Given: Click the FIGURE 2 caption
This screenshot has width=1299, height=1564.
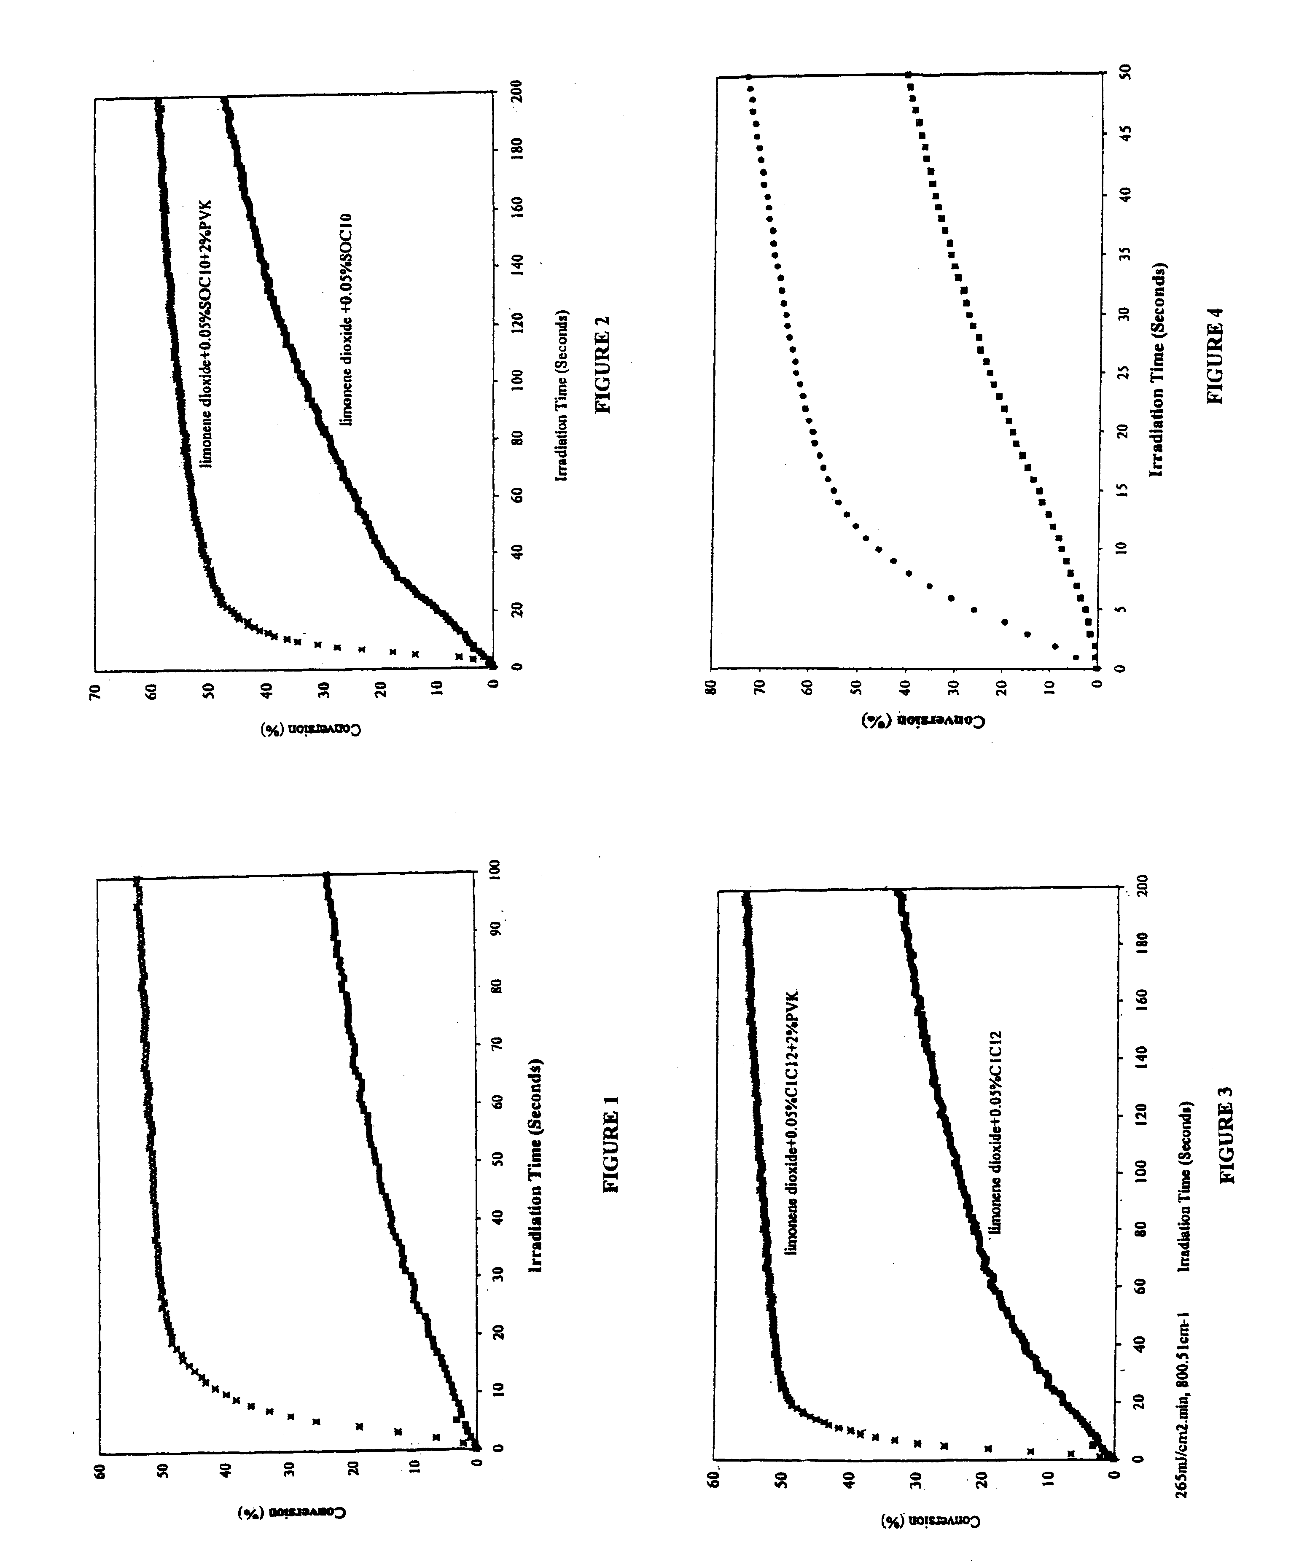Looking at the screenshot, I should tap(602, 363).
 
